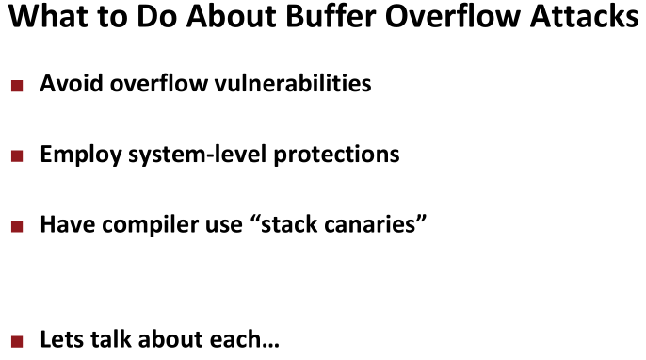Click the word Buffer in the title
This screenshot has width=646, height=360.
tap(331, 16)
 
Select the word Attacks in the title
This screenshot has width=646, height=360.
tap(585, 16)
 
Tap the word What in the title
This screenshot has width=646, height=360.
tap(49, 16)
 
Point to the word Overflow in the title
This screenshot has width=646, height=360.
tap(453, 16)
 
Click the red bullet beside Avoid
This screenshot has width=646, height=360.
tap(17, 86)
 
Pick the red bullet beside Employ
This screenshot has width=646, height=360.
tap(17, 156)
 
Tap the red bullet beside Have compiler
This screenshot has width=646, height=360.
tap(17, 226)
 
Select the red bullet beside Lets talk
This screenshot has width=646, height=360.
tap(17, 341)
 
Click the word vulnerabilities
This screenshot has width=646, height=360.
tap(293, 83)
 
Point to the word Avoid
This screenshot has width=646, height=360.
tap(72, 83)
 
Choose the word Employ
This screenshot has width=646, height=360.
tap(81, 155)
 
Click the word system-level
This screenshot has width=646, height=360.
tap(198, 155)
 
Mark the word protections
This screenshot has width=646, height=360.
tap(336, 155)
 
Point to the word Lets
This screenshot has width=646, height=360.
tap(62, 339)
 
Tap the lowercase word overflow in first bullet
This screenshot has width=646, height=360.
tap(158, 83)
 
